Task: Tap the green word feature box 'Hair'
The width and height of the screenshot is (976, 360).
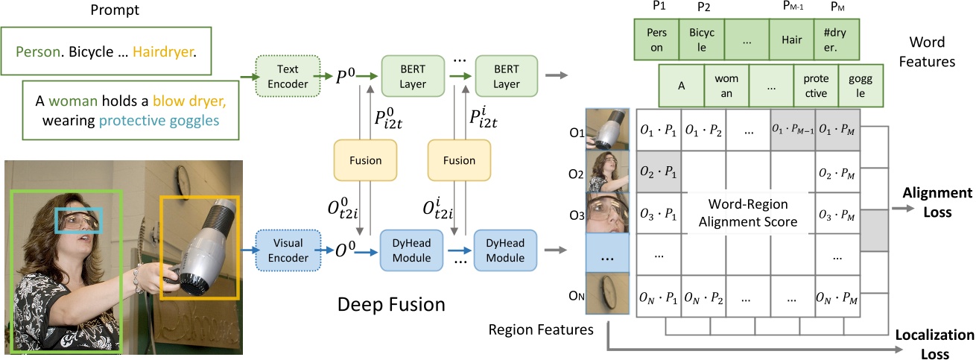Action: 792,40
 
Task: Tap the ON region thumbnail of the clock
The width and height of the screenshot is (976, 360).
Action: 608,297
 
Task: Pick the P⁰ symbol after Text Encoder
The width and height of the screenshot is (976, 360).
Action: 346,75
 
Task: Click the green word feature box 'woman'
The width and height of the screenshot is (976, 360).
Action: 726,86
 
